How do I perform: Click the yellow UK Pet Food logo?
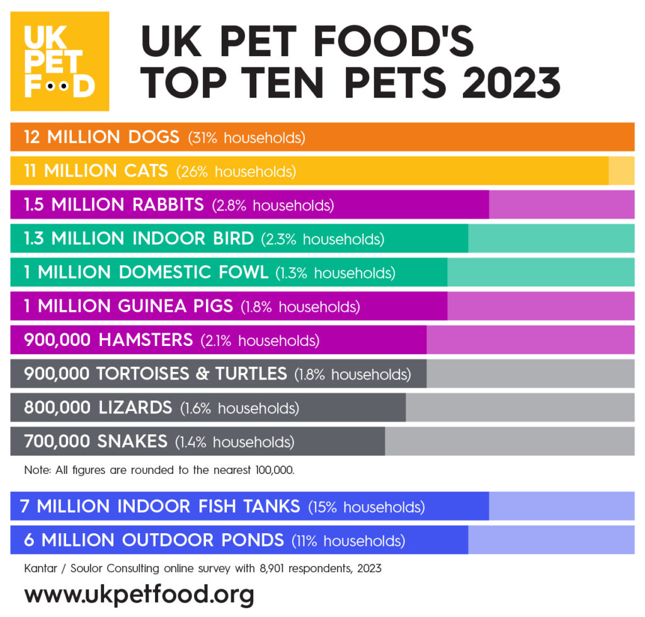pyautogui.click(x=60, y=61)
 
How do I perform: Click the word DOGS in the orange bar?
pyautogui.click(x=151, y=137)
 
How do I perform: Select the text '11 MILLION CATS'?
pyautogui.click(x=96, y=171)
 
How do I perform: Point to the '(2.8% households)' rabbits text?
pyautogui.click(x=273, y=205)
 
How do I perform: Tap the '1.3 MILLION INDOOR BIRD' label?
pyautogui.click(x=139, y=239)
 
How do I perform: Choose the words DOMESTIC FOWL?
pyautogui.click(x=193, y=272)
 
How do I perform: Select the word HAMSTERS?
pyautogui.click(x=146, y=340)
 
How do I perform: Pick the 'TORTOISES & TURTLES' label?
pyautogui.click(x=191, y=374)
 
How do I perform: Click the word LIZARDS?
pyautogui.click(x=135, y=408)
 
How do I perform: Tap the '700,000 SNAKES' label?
pyautogui.click(x=96, y=441)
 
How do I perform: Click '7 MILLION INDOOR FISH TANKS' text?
pyautogui.click(x=160, y=506)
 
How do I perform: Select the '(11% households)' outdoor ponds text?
pyautogui.click(x=348, y=540)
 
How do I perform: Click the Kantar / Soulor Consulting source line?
pyautogui.click(x=202, y=568)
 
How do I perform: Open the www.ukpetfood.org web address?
pyautogui.click(x=139, y=594)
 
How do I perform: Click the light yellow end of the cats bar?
pyautogui.click(x=621, y=171)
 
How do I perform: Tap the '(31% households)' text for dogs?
pyautogui.click(x=246, y=137)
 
